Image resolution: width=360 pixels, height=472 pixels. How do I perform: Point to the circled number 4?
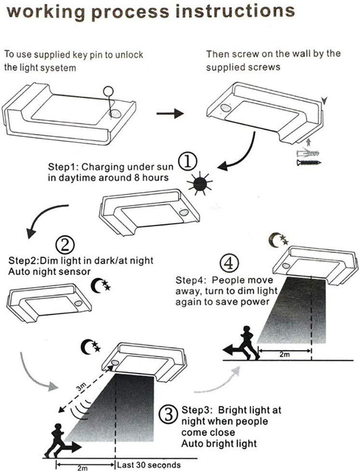click(229, 263)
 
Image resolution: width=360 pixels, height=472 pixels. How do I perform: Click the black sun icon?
click(200, 184)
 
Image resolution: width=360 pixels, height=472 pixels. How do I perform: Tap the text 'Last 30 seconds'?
click(149, 465)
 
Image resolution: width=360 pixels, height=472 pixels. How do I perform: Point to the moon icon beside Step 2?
click(101, 287)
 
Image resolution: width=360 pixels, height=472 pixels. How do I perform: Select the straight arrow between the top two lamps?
click(171, 114)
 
